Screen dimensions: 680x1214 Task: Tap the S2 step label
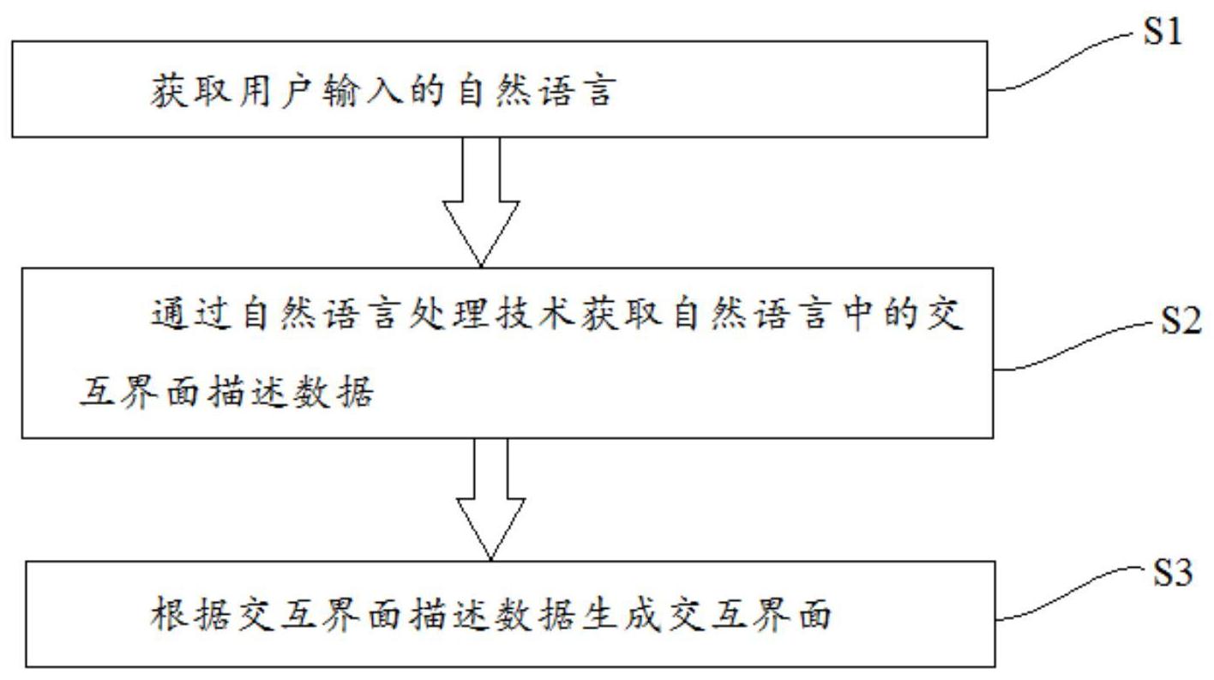coord(1181,323)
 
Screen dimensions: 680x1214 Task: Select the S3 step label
coord(1171,575)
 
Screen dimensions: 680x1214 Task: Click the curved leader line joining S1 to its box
coord(1063,59)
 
